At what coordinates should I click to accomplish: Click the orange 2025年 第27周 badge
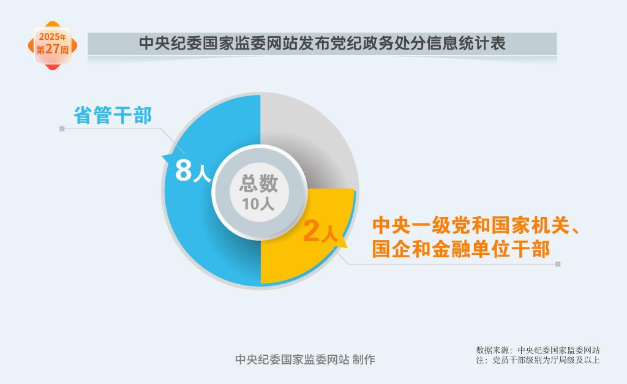[x=53, y=45]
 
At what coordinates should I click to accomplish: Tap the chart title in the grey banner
[x=322, y=43]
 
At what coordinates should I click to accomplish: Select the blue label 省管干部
[x=113, y=115]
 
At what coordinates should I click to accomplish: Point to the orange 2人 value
[x=320, y=232]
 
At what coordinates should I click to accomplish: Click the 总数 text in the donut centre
[x=258, y=183]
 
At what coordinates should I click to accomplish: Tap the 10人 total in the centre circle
[x=258, y=204]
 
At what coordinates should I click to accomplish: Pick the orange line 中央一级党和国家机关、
[x=476, y=225]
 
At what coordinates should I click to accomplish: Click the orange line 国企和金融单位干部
[x=461, y=249]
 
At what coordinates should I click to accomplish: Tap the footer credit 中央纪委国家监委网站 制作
[x=305, y=360]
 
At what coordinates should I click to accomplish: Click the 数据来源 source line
[x=538, y=350]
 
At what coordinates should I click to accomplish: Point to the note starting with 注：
[x=538, y=360]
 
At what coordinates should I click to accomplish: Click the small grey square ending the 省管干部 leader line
[x=62, y=129]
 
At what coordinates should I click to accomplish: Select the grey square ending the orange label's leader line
[x=558, y=264]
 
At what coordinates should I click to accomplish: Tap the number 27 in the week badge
[x=53, y=49]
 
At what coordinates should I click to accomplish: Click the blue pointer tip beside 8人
[x=162, y=156]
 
